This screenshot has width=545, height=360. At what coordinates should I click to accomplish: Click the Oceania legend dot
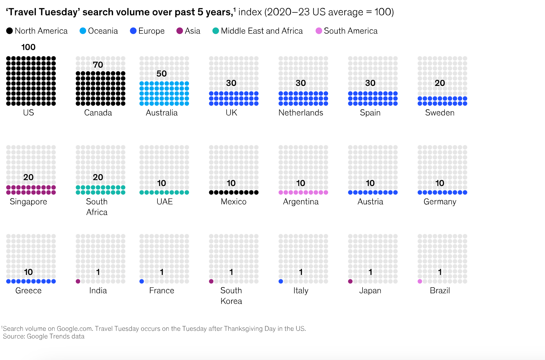click(83, 31)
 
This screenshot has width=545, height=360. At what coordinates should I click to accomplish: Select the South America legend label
click(350, 31)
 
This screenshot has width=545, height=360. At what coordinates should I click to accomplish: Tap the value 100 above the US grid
click(28, 47)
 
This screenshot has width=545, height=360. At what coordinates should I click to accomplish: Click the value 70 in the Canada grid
click(98, 65)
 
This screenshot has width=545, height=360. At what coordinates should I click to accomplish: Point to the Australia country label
click(162, 113)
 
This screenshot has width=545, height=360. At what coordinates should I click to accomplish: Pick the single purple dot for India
click(78, 281)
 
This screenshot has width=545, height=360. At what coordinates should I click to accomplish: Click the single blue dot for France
click(142, 281)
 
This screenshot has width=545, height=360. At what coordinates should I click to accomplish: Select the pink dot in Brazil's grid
click(420, 281)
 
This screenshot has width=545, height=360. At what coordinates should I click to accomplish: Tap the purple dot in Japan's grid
click(350, 281)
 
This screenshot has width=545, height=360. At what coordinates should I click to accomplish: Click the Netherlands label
click(301, 113)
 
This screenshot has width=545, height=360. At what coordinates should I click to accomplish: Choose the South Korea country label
click(231, 296)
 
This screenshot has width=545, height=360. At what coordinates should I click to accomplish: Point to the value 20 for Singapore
click(28, 177)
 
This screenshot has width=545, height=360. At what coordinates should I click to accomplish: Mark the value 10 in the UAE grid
click(162, 183)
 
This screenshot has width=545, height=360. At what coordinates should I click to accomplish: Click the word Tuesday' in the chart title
click(59, 12)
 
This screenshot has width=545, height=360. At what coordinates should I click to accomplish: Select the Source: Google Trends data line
click(44, 336)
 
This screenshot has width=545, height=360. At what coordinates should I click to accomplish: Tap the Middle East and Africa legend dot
click(216, 31)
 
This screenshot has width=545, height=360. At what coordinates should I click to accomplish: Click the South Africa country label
click(97, 207)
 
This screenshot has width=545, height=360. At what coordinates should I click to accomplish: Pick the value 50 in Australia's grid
click(162, 74)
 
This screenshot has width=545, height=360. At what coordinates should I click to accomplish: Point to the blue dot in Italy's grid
click(281, 281)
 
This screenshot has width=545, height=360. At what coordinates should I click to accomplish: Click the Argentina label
click(301, 202)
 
